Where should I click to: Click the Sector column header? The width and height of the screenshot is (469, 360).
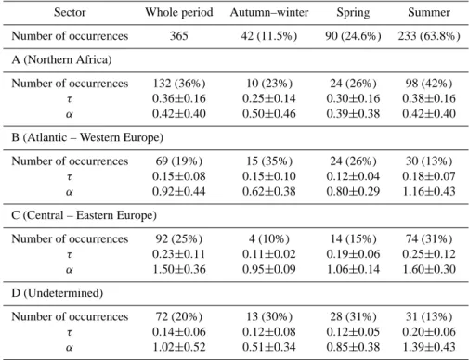coord(70,12)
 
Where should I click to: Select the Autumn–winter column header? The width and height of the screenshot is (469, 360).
coord(269,12)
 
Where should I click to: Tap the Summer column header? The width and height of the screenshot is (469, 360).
coord(429,12)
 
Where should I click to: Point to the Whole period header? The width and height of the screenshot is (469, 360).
coord(179,13)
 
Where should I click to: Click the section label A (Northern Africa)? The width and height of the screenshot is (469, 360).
coord(61,59)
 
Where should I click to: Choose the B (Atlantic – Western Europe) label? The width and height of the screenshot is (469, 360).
coord(87,137)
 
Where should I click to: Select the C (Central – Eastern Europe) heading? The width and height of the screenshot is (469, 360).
coord(84,215)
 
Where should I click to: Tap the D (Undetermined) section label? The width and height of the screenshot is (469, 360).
coord(58,293)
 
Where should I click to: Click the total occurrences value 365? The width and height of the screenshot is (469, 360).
coord(179,36)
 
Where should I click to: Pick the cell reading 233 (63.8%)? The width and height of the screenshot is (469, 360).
coord(429,36)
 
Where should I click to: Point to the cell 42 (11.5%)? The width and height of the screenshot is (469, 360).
coord(269,36)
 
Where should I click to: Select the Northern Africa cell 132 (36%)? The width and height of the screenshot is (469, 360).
coord(179,84)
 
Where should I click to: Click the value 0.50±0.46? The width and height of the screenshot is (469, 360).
coord(269,114)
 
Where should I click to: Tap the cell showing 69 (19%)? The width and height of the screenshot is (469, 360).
coord(179,161)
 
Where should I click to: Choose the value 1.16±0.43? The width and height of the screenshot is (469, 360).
coord(429,192)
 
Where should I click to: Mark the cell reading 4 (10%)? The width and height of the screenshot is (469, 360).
coord(269,239)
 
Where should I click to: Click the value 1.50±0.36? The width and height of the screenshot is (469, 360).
coord(179,269)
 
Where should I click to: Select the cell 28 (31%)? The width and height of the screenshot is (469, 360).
coord(353,317)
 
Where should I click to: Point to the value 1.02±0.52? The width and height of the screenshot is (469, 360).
coord(179,347)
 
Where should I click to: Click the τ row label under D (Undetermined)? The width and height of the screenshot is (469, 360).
coord(70,333)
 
